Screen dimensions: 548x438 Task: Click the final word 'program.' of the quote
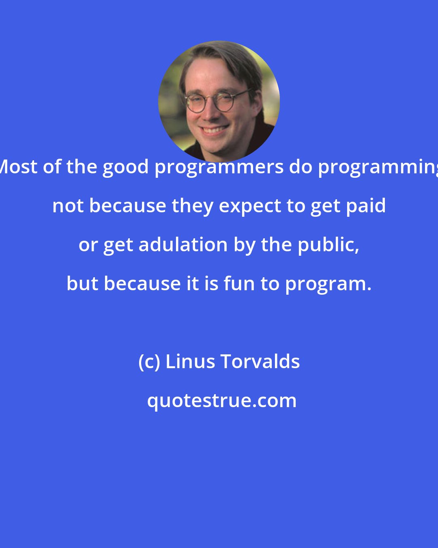click(328, 284)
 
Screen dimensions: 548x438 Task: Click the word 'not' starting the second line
click(68, 206)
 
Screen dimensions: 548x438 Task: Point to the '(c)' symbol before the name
click(149, 362)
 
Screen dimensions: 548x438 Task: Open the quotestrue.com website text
click(221, 401)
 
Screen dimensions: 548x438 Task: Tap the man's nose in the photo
click(210, 114)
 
